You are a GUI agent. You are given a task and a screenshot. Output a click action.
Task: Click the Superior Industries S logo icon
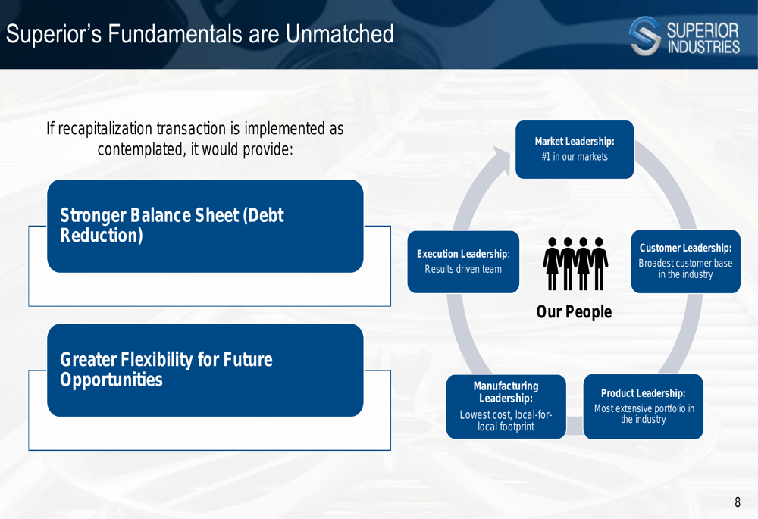(645, 36)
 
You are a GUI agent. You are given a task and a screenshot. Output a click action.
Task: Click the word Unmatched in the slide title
(340, 34)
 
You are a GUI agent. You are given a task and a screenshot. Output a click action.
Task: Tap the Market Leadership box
(575, 149)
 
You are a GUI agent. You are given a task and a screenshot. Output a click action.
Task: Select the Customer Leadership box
(685, 261)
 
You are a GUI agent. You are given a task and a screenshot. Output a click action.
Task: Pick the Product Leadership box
(643, 406)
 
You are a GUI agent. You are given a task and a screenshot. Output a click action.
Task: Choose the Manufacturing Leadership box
(506, 406)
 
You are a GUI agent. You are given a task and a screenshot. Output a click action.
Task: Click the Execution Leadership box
(463, 261)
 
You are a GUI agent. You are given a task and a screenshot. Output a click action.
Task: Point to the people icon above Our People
(575, 264)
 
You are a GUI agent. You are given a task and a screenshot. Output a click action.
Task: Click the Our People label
(574, 311)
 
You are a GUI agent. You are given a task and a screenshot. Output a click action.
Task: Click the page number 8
(738, 502)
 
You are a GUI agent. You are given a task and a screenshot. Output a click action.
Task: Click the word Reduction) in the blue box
(102, 236)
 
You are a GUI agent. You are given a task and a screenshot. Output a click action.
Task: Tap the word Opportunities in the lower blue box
(111, 380)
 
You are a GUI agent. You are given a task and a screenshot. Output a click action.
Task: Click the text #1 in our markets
(575, 157)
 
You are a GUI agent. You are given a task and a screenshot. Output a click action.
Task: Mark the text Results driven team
(463, 269)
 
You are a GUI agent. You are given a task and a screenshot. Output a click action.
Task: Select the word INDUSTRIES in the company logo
(703, 47)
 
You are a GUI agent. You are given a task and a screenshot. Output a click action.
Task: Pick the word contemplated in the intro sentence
(140, 150)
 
